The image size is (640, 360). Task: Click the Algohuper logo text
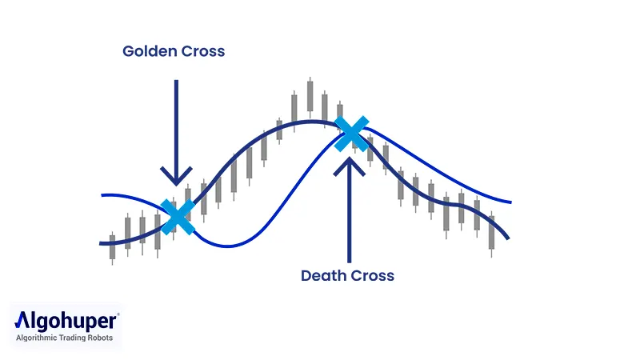click(67, 322)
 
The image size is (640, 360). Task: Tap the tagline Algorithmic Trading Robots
click(66, 338)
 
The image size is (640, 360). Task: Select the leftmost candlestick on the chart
click(112, 246)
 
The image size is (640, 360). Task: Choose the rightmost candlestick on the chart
click(491, 235)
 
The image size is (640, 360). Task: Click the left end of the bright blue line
click(102, 195)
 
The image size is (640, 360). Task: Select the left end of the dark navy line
click(101, 242)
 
